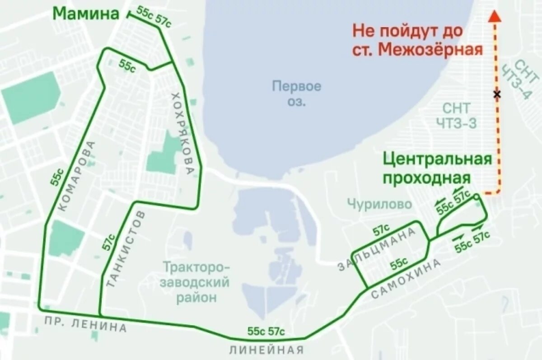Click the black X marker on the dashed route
tap(497, 94)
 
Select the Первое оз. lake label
tap(297, 94)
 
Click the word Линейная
tap(266, 350)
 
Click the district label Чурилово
tap(379, 205)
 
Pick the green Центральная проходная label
tap(437, 168)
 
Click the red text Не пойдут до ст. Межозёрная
tap(418, 40)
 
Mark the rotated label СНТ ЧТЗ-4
tap(519, 79)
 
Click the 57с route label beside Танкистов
tap(108, 243)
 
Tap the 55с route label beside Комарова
tap(56, 177)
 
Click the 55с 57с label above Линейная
tap(266, 331)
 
